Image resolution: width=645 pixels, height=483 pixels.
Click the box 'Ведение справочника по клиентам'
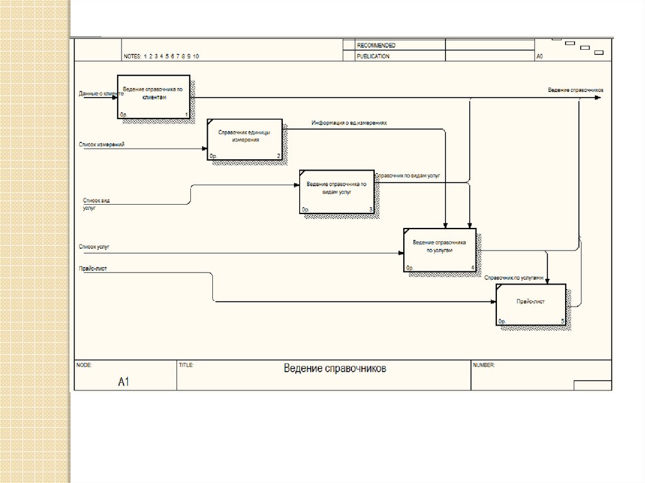pos(154,97)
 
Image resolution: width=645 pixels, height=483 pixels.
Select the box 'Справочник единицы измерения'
pos(244,139)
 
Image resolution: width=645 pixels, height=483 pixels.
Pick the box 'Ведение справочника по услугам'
pos(439,249)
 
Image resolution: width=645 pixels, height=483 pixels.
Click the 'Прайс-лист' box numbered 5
pos(530,305)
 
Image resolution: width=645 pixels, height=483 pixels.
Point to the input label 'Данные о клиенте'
pos(101,94)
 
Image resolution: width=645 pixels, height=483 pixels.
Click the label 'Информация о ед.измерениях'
pos(349,123)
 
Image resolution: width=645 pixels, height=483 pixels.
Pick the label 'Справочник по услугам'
pos(513,277)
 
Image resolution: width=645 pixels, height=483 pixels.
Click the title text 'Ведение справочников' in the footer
pos(334,368)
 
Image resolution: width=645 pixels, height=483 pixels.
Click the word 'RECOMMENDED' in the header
pos(376,45)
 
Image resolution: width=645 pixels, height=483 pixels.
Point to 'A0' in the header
pos(540,56)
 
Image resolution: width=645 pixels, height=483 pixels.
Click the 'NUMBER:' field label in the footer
pos(484,365)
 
